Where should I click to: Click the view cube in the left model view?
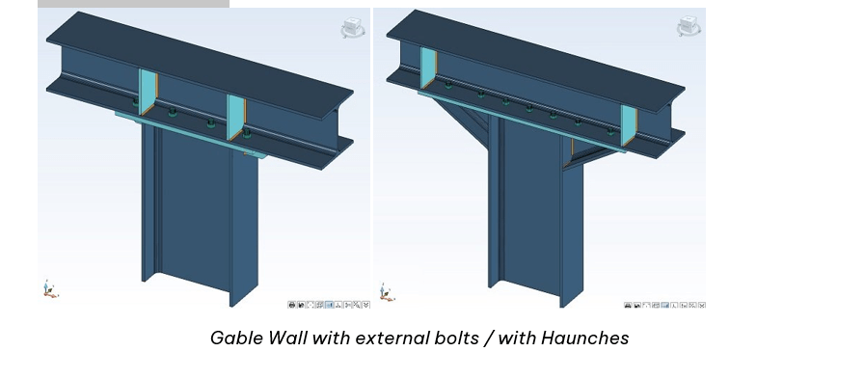tap(351, 27)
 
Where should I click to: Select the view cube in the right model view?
tap(688, 25)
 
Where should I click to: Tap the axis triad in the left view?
tap(49, 289)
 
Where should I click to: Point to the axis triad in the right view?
tap(388, 292)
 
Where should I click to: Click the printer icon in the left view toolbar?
tap(291, 305)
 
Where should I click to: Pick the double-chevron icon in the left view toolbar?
tap(365, 305)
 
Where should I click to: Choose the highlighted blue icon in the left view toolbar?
tap(330, 305)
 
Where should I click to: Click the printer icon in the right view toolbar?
tap(627, 305)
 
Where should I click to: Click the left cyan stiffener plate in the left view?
tap(147, 92)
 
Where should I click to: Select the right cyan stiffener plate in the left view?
tap(236, 117)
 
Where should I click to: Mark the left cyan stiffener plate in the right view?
tap(428, 68)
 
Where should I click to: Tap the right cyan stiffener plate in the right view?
tap(629, 126)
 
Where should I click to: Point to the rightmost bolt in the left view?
tap(246, 133)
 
